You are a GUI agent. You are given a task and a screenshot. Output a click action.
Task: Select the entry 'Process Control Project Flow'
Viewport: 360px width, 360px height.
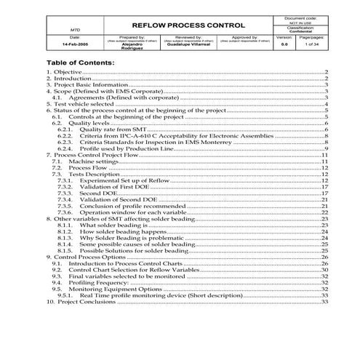(x=98, y=154)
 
